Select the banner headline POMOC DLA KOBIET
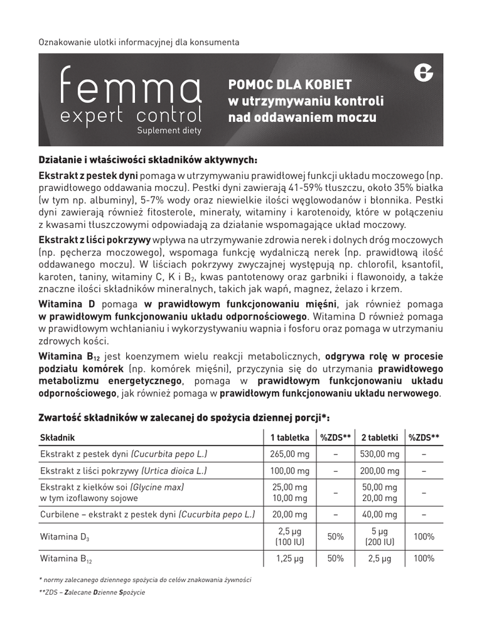point(289,84)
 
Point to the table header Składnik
point(58,438)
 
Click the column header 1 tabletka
point(289,438)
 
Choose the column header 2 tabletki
point(380,438)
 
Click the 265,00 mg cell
point(289,455)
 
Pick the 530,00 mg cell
point(380,455)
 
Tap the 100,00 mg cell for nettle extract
point(289,471)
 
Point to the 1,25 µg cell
point(289,558)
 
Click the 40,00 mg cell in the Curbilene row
point(380,514)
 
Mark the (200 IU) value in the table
point(380,542)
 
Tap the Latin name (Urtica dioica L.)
point(174,471)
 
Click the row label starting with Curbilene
point(147,514)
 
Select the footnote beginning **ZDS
point(92,592)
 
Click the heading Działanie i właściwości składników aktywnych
point(148,159)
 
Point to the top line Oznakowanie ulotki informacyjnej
point(139,43)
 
